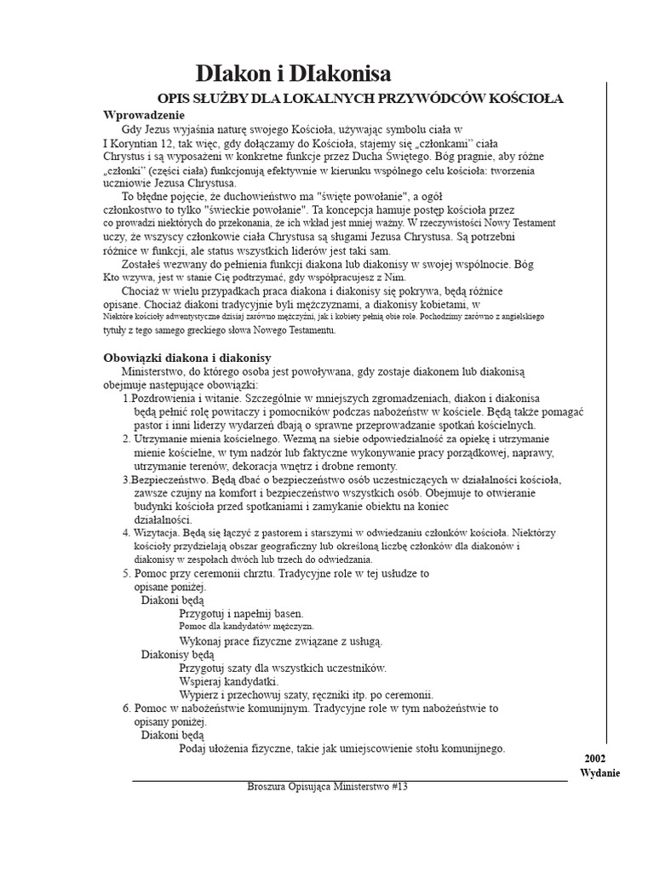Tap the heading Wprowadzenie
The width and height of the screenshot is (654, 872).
(x=144, y=114)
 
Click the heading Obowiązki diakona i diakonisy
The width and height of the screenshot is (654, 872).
(x=187, y=358)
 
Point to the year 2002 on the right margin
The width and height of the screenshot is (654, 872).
(x=595, y=758)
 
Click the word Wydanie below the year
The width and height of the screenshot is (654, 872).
(x=600, y=772)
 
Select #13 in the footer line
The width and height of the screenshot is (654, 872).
(x=400, y=788)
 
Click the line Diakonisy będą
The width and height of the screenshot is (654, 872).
(x=178, y=654)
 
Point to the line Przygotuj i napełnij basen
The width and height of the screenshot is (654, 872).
(x=241, y=613)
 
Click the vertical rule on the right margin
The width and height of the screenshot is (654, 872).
(x=607, y=409)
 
